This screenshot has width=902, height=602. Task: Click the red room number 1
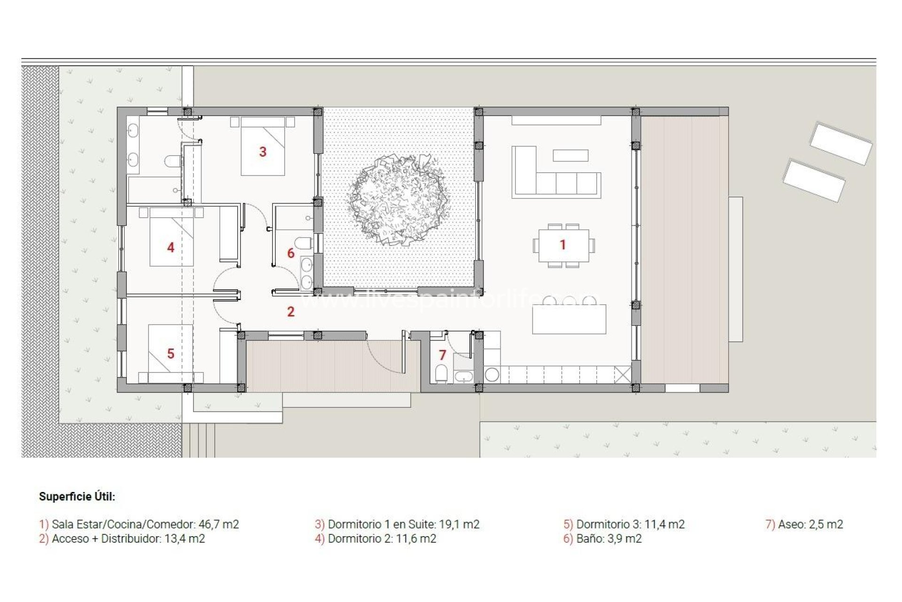562,245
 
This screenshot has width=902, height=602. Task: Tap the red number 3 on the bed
263,152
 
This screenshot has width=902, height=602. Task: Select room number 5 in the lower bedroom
171,354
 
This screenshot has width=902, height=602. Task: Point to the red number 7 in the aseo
442,355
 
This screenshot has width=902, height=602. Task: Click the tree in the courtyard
398,199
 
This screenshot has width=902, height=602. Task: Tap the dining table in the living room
563,245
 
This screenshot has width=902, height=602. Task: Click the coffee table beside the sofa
570,155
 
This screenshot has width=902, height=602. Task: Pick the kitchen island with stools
569,319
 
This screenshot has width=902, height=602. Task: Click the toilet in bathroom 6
305,244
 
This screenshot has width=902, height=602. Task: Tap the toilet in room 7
441,374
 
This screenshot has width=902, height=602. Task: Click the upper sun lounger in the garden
840,143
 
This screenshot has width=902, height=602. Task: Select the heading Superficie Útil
77,497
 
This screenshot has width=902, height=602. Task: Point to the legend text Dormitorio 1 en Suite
381,524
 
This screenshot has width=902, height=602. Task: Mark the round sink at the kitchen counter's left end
492,375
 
